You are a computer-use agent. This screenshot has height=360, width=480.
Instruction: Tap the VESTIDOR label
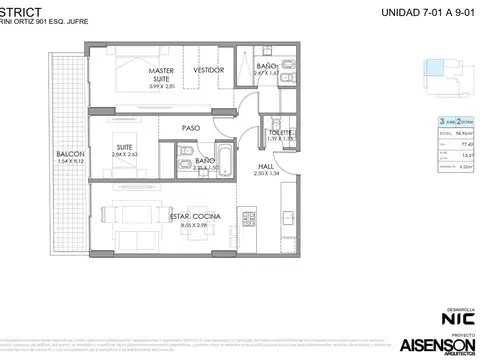click(x=208, y=71)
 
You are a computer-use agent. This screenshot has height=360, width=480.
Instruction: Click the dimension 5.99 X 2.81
click(x=161, y=87)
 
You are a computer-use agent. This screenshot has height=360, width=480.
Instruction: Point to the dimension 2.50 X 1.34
click(x=267, y=174)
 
